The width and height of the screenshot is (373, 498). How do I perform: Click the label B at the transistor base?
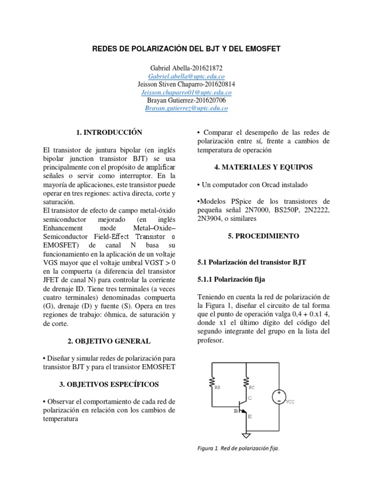click(x=236, y=410)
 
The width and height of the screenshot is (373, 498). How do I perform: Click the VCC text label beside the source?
click(x=290, y=402)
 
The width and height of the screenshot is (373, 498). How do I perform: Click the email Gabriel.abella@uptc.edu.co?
click(x=186, y=76)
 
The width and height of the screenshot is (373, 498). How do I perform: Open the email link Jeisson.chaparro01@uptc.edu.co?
click(x=186, y=92)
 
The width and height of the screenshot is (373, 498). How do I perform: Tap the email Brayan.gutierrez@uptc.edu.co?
click(x=186, y=108)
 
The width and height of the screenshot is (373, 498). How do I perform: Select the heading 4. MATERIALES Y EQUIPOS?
click(x=264, y=167)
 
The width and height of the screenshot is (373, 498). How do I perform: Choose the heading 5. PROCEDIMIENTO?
click(x=264, y=236)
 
